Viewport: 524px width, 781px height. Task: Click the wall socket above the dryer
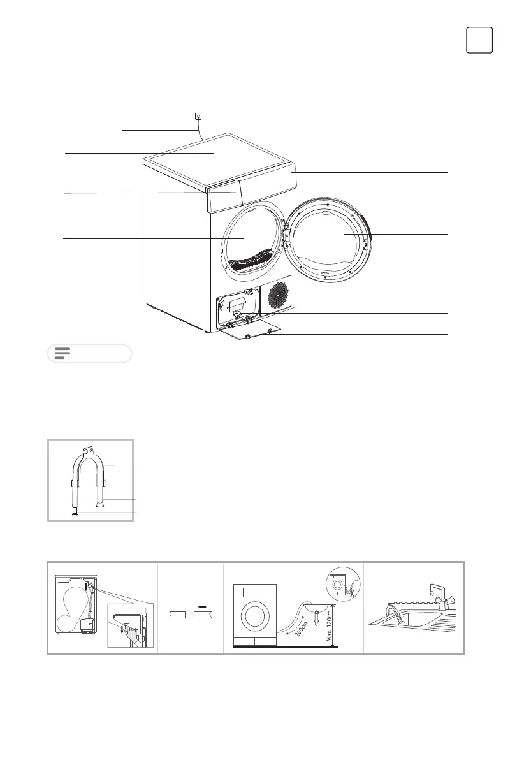pyautogui.click(x=198, y=116)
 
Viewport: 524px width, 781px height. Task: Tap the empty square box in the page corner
pyautogui.click(x=479, y=40)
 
